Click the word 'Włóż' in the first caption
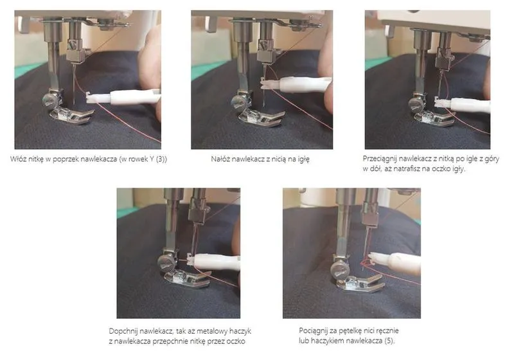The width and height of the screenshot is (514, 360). pyautogui.click(x=17, y=159)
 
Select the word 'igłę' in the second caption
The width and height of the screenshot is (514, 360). pyautogui.click(x=303, y=159)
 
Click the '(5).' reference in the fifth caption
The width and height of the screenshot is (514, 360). pyautogui.click(x=389, y=341)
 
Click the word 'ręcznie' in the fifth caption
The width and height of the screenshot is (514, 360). pyautogui.click(x=387, y=330)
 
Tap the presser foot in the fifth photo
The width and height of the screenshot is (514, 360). pyautogui.click(x=360, y=283)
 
